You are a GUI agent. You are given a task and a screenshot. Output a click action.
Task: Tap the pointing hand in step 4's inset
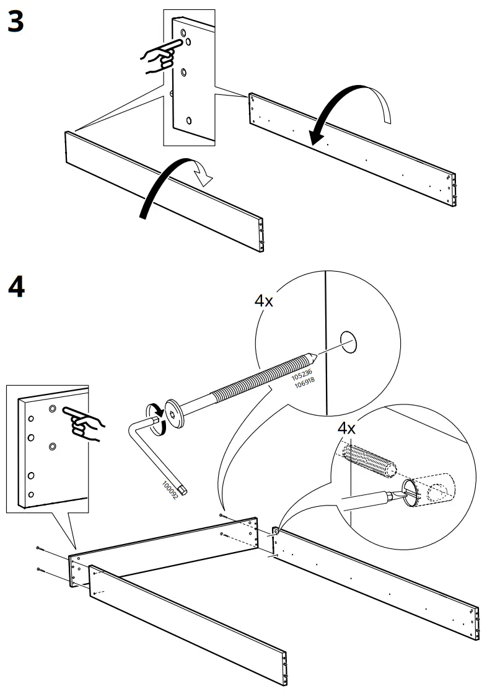pyautogui.click(x=85, y=423)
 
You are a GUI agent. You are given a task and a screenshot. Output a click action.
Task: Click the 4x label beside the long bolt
pyautogui.click(x=264, y=301)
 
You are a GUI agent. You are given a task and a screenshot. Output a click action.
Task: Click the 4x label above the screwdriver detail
pyautogui.click(x=346, y=429)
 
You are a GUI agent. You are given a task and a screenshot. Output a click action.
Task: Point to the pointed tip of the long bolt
pyautogui.click(x=315, y=357)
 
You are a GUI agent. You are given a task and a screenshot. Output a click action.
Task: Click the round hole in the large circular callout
pyautogui.click(x=349, y=341)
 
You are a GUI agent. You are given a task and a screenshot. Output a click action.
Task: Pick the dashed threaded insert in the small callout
pyautogui.click(x=368, y=461)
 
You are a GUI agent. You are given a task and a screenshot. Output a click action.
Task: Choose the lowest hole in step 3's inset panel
pyautogui.click(x=190, y=120)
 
